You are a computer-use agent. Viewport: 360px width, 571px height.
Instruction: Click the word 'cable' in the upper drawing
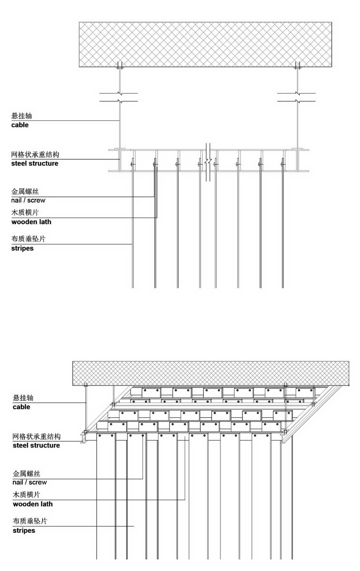pos(20,125)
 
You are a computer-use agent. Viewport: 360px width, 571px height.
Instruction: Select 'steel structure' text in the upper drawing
pos(35,163)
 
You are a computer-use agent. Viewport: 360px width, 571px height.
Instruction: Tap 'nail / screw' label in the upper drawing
pos(28,200)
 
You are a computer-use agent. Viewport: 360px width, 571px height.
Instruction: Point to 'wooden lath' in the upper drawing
pos(31,222)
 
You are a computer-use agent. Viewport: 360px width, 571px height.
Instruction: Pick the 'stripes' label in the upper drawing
pos(22,248)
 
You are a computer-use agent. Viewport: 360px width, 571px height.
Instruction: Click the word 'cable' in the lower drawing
pos(21,407)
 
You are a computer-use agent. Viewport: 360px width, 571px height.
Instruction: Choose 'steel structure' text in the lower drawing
pos(36,445)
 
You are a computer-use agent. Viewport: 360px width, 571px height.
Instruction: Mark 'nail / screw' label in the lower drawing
pos(30,482)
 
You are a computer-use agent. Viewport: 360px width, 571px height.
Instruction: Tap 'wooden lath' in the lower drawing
pos(33,504)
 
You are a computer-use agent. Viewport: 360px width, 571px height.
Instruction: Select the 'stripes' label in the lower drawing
pos(24,531)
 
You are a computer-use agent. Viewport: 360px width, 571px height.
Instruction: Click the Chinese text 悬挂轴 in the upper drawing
pos(21,116)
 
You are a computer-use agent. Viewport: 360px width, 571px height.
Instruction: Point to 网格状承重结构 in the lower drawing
pos(37,436)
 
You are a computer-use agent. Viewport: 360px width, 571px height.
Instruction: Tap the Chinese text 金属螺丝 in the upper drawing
pos(25,191)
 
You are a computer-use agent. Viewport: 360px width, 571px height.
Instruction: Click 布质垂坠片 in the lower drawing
pos(30,521)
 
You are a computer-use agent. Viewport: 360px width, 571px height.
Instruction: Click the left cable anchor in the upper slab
pos(120,65)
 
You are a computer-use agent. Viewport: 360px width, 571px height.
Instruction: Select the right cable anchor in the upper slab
pos(297,65)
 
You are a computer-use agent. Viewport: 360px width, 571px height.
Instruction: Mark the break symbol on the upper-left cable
pos(119,97)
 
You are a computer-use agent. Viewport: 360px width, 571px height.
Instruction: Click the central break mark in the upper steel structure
pos(208,162)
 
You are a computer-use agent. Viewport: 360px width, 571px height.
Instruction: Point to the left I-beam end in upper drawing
pos(119,160)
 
